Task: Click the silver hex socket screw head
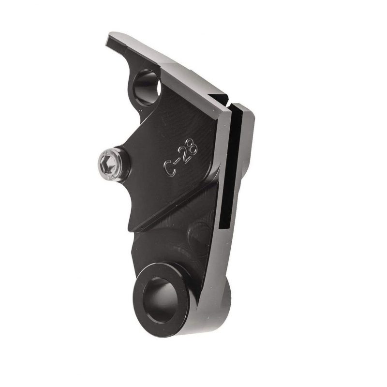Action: point(108,164)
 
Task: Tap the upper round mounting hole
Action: point(148,87)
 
